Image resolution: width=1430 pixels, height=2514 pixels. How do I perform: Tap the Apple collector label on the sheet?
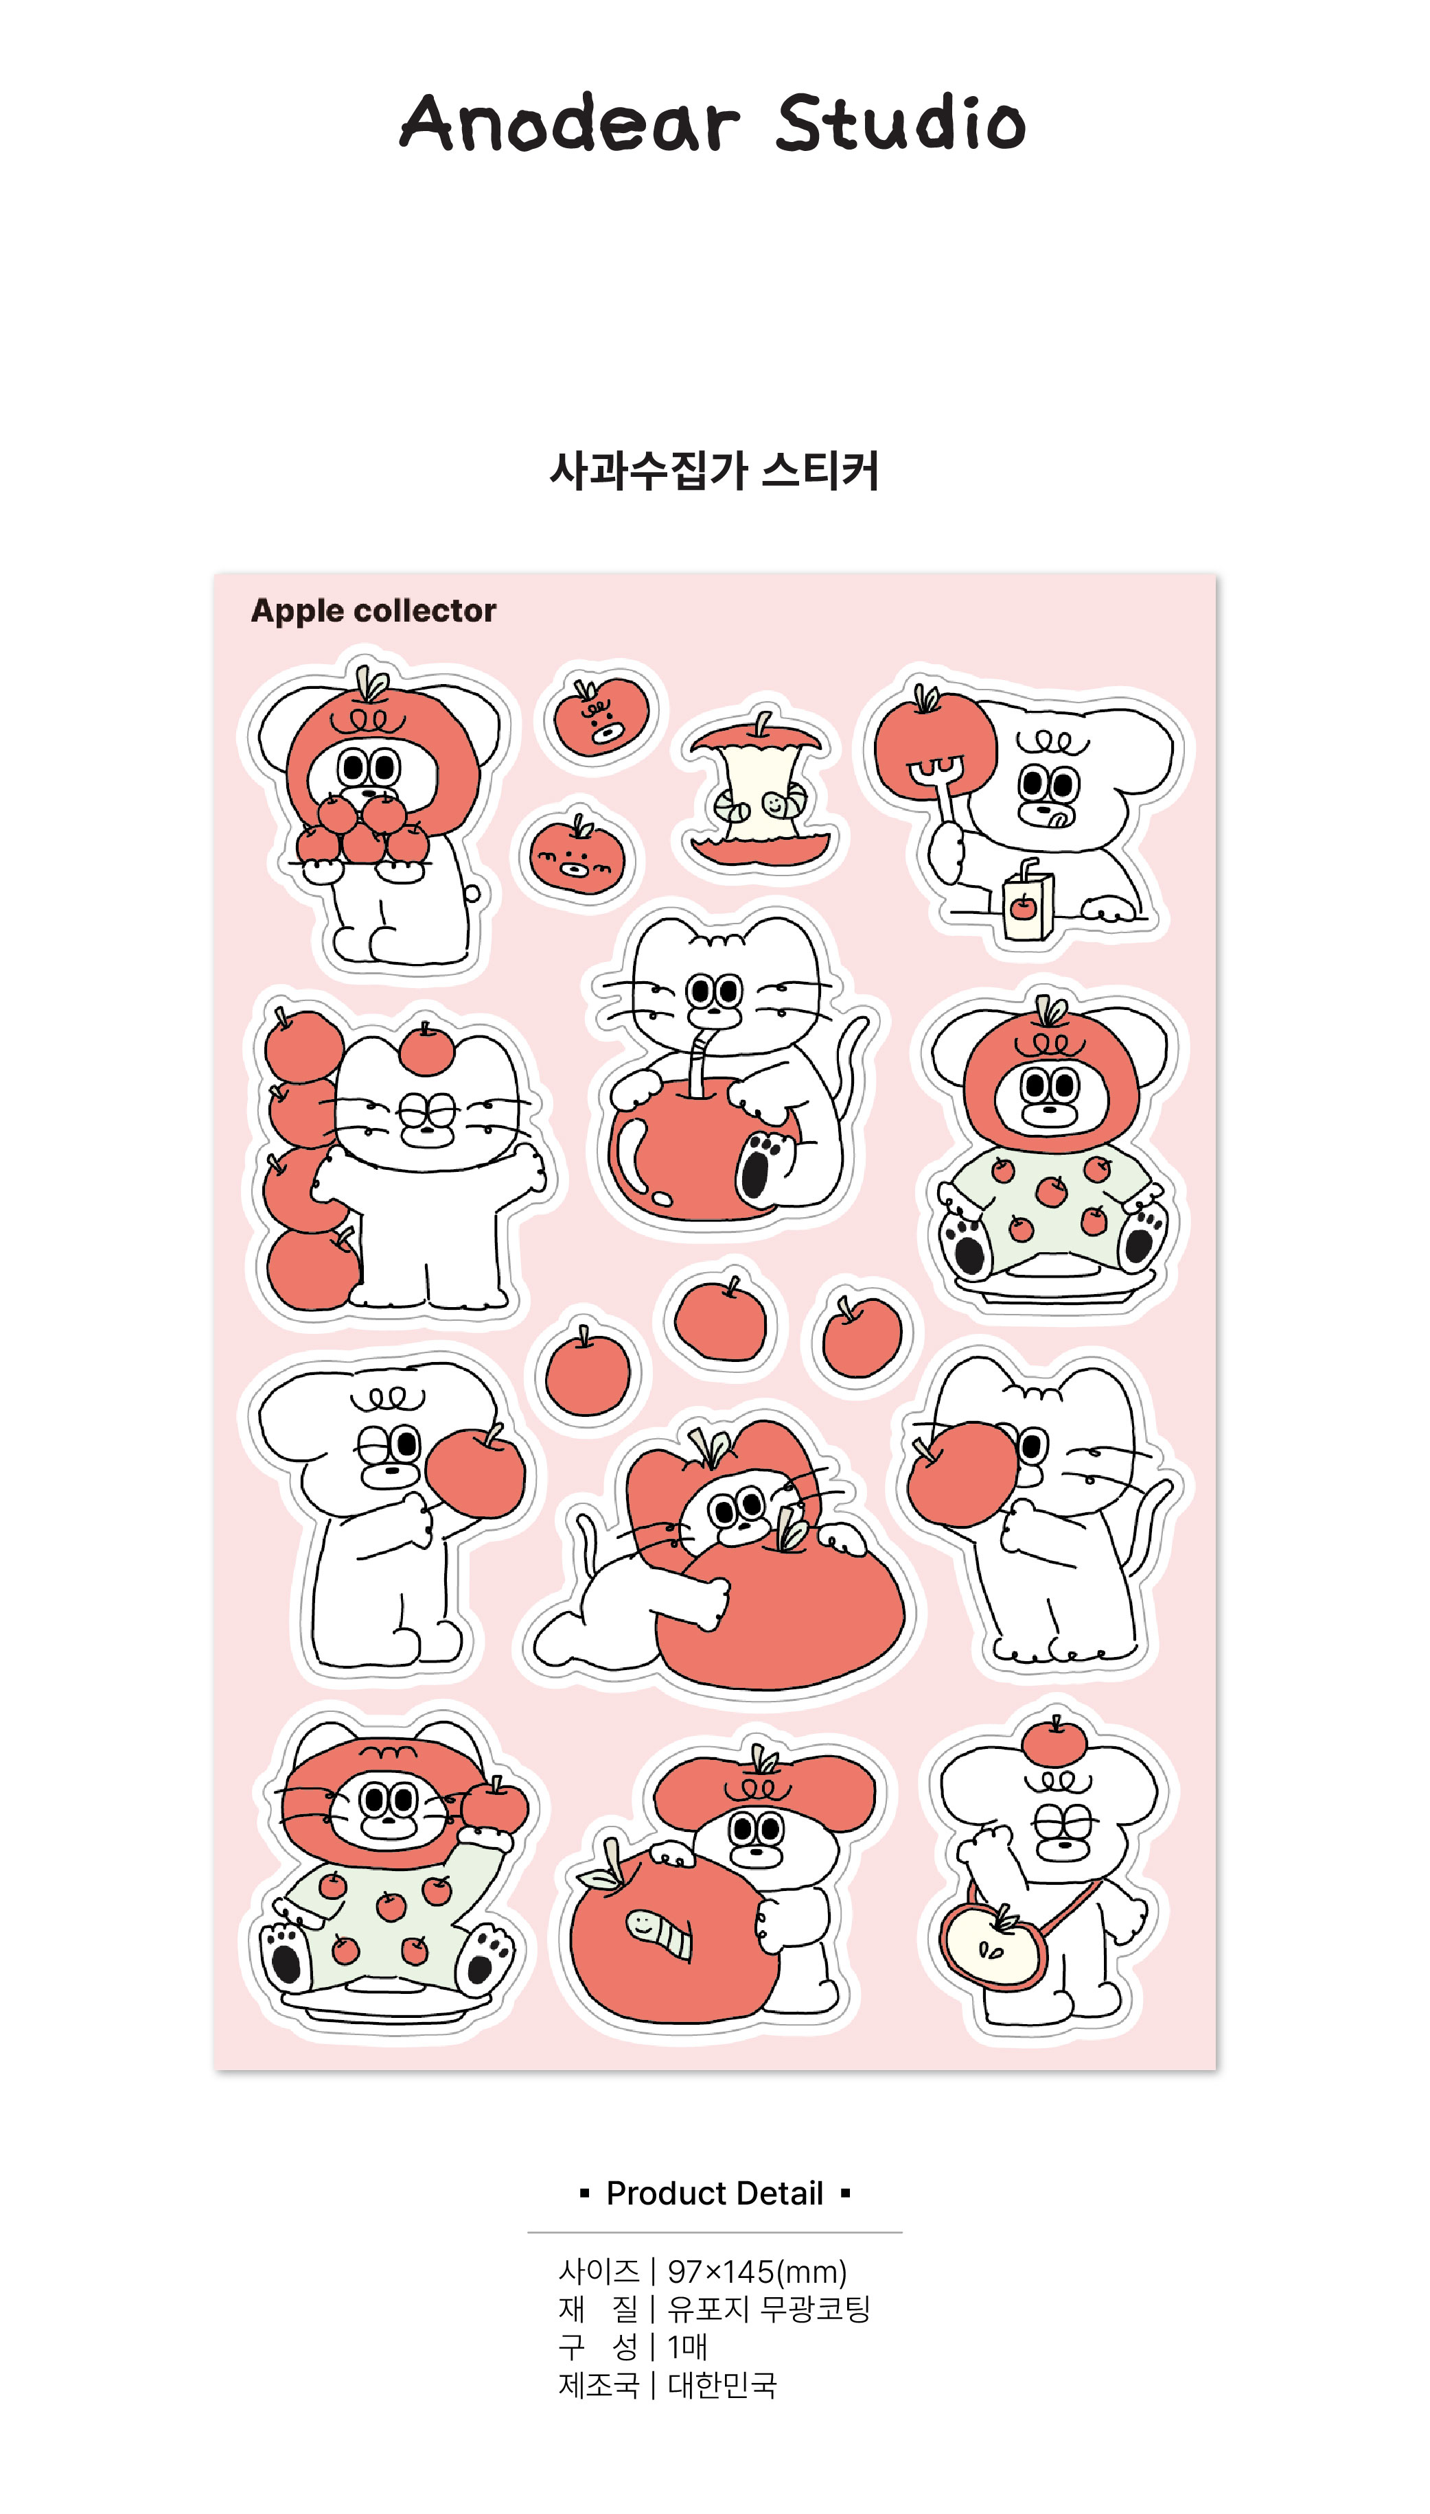[x=373, y=611]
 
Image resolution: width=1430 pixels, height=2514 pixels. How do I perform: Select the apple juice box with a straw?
[x=1027, y=900]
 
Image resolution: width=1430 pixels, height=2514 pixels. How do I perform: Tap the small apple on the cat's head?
[x=427, y=1048]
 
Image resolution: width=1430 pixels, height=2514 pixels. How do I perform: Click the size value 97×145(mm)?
[x=757, y=2272]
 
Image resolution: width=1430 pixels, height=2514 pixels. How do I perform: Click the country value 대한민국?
[x=723, y=2386]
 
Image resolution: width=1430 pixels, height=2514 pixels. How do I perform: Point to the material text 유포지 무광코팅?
[x=769, y=2310]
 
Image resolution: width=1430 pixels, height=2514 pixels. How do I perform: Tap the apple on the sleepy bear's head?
[x=1054, y=1741]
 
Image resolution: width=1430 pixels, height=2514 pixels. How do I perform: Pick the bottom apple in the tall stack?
[x=312, y=1268]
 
